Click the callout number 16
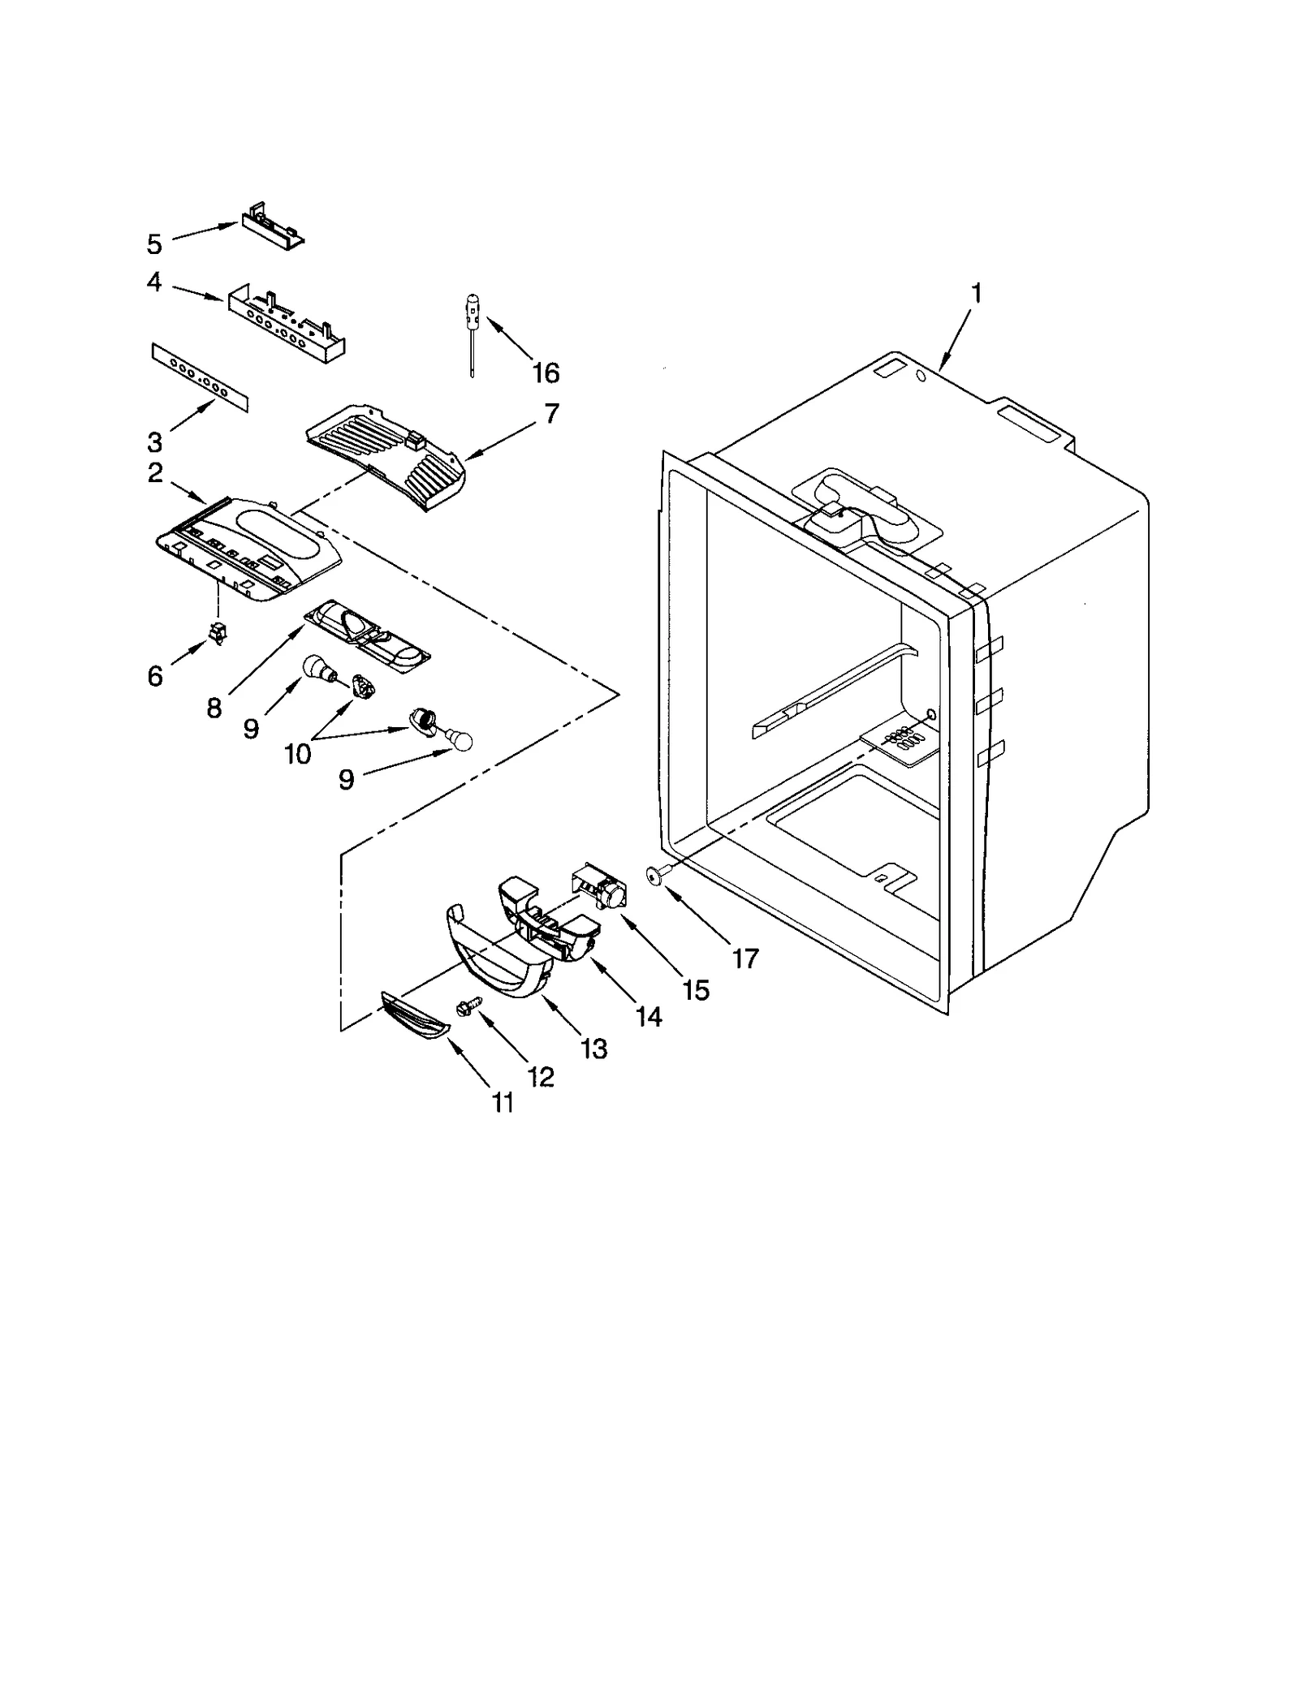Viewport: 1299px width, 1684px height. (546, 373)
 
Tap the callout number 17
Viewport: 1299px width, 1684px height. (744, 959)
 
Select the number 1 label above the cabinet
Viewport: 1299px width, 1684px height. (977, 294)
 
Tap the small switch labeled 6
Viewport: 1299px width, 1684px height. (218, 635)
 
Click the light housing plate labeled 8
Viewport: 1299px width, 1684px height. (367, 633)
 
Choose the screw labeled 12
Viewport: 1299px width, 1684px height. (470, 1006)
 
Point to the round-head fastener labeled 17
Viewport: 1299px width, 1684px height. (656, 874)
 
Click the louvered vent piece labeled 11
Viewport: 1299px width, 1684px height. (414, 1015)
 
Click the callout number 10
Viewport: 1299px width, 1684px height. (298, 755)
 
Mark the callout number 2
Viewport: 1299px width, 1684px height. (154, 474)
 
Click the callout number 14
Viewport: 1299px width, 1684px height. (649, 1016)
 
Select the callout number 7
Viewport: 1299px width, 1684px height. (551, 414)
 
